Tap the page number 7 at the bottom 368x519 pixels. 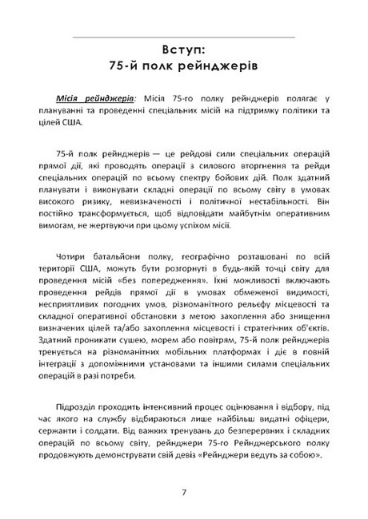pyautogui.click(x=184, y=492)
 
